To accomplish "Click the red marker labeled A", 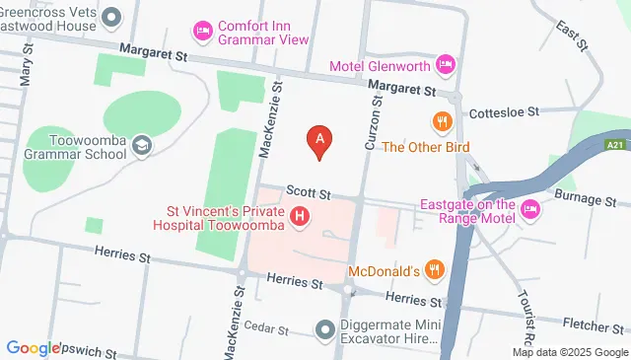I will click(317, 141).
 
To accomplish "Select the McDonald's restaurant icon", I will click(432, 271).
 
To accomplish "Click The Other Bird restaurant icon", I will click(441, 122).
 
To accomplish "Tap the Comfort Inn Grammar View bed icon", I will click(203, 31).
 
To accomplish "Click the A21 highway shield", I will click(613, 145).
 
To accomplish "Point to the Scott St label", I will click(309, 192).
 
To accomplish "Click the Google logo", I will click(34, 347).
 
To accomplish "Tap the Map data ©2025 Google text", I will click(570, 352).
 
